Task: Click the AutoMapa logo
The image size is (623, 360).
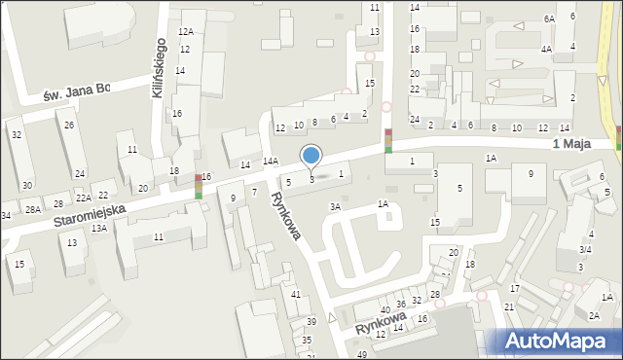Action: click(560, 341)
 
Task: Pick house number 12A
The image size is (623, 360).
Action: click(185, 32)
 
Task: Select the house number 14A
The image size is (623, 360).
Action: click(271, 161)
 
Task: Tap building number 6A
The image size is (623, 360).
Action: click(549, 18)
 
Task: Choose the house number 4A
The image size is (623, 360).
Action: click(547, 48)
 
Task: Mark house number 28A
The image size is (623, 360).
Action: click(33, 210)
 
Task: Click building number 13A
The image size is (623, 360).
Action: click(99, 228)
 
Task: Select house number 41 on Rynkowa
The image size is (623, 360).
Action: click(295, 294)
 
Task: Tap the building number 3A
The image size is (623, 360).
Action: click(336, 206)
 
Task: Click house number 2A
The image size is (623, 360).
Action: click(594, 314)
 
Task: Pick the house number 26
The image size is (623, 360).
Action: click(69, 125)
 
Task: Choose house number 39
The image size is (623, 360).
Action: click(311, 321)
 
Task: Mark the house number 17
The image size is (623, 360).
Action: click(514, 289)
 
